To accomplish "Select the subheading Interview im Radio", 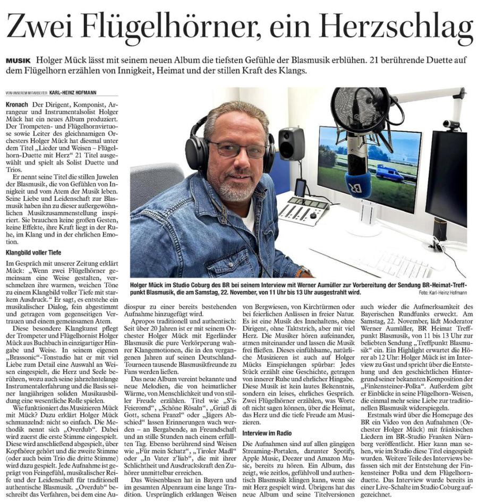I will point(264,433).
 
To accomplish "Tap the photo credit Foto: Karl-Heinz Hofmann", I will point(442,293).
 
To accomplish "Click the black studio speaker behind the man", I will point(292,143).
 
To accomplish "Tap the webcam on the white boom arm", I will point(450,125).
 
